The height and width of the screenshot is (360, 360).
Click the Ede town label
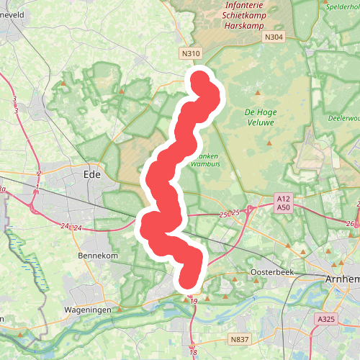91,174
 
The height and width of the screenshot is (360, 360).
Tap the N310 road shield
191,53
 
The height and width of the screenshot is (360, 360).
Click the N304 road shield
274,37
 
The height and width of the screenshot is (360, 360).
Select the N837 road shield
239,339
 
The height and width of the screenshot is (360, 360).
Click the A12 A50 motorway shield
283,203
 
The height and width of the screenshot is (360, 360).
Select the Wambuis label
204,163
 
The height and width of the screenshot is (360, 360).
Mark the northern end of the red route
199,78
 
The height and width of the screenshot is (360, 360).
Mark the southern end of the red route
189,279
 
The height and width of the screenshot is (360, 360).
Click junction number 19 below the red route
193,300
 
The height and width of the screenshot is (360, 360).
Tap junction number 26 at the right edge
351,224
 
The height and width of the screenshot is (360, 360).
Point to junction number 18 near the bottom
193,351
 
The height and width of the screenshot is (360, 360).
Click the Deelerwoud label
343,117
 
